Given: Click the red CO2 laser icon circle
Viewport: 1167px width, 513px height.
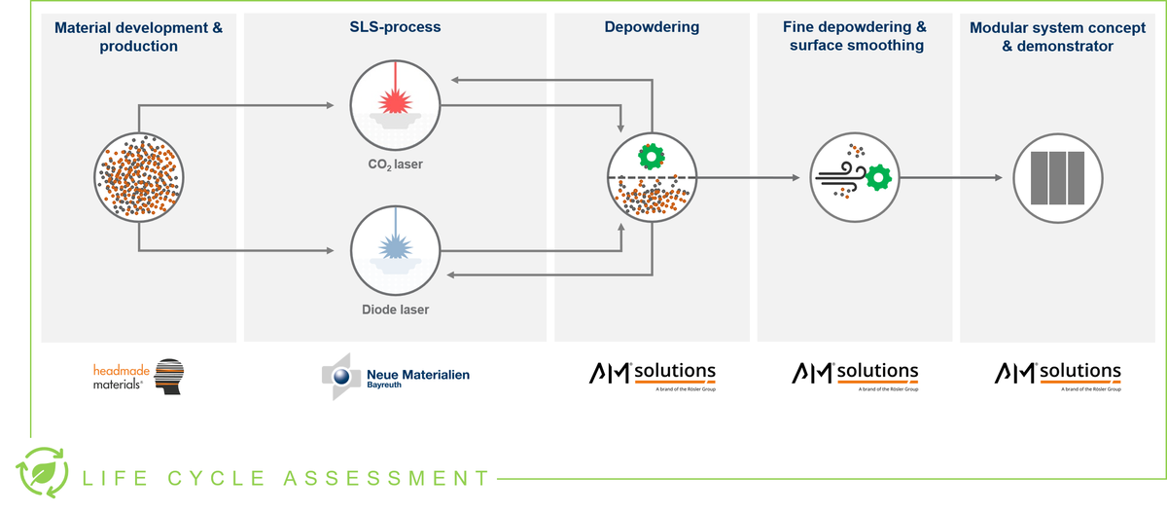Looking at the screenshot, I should (396, 104).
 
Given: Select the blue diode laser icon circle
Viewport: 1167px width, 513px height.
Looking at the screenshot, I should (396, 249).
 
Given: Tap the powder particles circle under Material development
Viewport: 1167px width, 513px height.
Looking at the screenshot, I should (139, 177).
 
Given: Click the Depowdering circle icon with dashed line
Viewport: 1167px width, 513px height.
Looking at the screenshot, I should (651, 177).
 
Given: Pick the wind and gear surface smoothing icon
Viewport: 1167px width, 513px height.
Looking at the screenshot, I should (853, 177).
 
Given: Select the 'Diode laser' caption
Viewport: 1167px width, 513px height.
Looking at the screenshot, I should (396, 310).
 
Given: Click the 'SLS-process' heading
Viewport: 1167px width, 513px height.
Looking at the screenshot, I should (396, 27).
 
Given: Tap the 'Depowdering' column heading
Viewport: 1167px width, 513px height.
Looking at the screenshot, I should (652, 27).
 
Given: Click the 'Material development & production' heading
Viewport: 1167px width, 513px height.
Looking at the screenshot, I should (139, 36).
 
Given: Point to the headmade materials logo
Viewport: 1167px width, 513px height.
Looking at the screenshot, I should (138, 376).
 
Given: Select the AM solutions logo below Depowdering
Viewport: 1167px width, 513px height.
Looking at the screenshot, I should (652, 376).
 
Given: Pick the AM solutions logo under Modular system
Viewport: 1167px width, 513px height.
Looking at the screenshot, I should (1057, 376).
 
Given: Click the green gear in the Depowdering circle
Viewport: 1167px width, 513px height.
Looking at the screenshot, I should (649, 156).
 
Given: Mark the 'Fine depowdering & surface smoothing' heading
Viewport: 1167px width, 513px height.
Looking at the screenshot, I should (853, 36).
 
